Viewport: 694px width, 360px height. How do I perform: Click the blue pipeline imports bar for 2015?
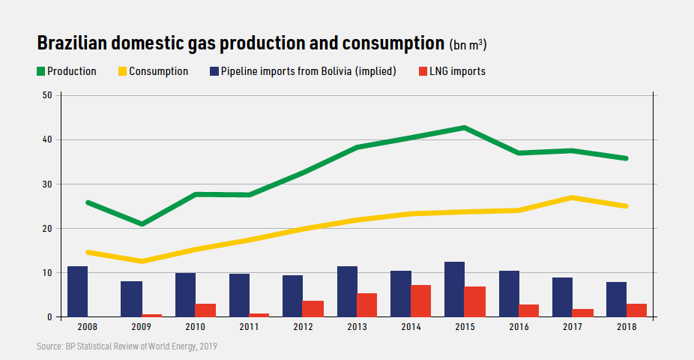click(454, 289)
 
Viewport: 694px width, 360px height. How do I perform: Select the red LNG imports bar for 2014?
click(420, 301)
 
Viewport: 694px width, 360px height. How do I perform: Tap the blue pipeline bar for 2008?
click(77, 292)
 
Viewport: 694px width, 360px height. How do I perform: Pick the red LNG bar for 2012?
click(313, 309)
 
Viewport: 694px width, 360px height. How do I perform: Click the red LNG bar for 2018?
click(636, 310)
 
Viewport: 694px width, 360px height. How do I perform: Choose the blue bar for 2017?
click(562, 297)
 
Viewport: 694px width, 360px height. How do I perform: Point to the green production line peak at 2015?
click(465, 127)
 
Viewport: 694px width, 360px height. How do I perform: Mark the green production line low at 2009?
click(142, 223)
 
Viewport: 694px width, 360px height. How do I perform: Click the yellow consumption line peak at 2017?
click(572, 197)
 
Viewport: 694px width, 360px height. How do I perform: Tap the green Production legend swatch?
click(40, 72)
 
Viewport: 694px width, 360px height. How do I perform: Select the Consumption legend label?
click(158, 72)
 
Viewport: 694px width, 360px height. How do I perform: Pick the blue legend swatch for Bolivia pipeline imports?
click(214, 72)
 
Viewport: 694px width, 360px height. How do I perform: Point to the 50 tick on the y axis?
click(46, 95)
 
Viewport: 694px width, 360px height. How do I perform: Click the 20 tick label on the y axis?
click(46, 228)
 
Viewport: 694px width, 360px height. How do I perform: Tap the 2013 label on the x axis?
click(357, 328)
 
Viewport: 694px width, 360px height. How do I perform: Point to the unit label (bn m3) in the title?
click(468, 45)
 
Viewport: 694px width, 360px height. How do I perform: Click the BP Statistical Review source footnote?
click(127, 346)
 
